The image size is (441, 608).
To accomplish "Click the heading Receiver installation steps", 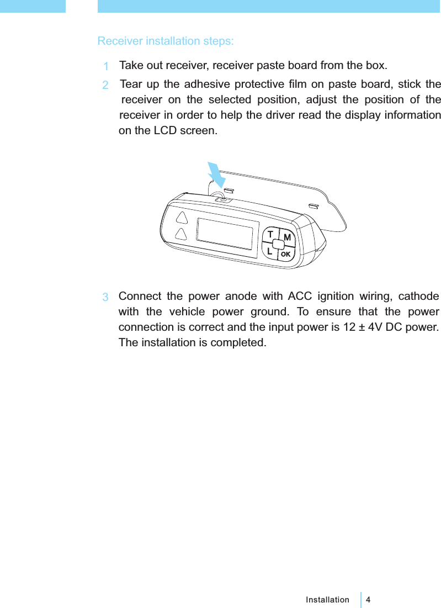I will [165, 41].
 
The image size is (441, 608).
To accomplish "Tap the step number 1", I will [105, 67].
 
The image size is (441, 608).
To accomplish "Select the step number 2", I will [105, 86].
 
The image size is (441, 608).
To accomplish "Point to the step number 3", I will [105, 297].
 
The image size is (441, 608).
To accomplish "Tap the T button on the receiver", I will [270, 235].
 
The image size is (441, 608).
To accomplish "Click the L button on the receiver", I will [269, 251].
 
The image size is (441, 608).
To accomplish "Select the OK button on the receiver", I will [285, 255].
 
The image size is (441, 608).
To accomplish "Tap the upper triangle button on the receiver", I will [180, 215].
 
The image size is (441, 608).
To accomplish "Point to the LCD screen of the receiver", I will [227, 237].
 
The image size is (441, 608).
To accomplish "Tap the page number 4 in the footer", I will [368, 600].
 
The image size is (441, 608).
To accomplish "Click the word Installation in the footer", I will [327, 600].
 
